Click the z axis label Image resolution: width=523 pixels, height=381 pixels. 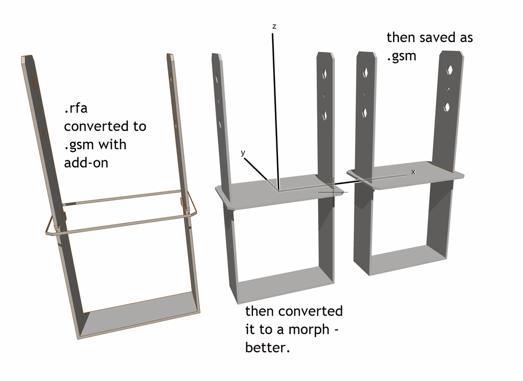(273, 26)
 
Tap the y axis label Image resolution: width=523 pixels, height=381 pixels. (243, 153)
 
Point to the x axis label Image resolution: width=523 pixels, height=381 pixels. (413, 171)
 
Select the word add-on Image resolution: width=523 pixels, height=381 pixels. (86, 162)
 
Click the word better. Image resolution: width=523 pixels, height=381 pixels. (267, 347)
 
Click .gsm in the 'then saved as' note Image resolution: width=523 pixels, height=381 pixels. (402, 56)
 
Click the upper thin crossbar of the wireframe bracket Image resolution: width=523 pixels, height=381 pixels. (123, 198)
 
